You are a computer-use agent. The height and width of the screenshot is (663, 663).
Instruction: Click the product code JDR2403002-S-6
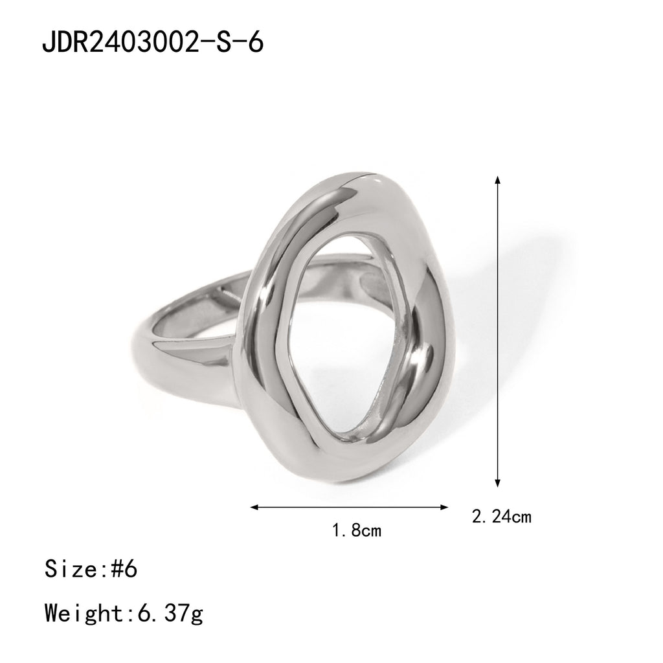(152, 43)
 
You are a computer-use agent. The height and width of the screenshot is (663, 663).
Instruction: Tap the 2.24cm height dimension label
(502, 517)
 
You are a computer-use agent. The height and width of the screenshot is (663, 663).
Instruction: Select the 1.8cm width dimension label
(356, 531)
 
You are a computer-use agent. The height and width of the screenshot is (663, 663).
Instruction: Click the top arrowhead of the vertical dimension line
(497, 179)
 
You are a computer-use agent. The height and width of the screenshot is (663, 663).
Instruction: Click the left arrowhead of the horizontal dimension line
(254, 507)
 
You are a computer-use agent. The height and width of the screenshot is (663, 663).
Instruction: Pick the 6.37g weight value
(170, 612)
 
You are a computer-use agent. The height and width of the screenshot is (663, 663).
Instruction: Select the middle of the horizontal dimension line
(350, 507)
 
